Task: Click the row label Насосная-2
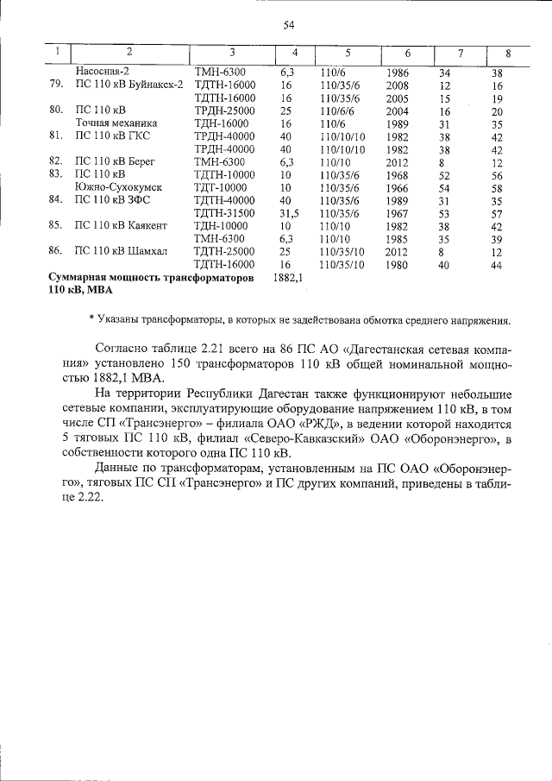103,72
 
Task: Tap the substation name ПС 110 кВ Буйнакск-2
129,85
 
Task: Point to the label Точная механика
113,123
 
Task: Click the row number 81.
57,136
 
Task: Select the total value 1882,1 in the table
287,278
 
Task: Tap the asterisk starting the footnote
91,320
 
